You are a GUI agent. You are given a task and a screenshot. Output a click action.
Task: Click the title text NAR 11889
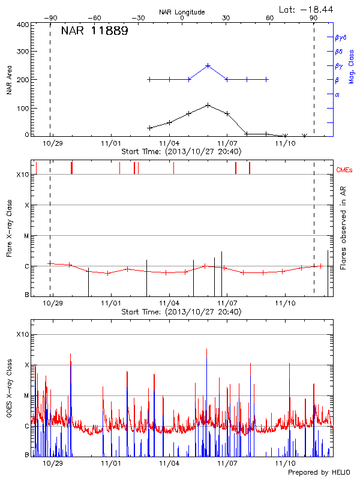(x=94, y=32)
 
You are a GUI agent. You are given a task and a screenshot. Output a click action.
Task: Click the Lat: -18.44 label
(x=307, y=9)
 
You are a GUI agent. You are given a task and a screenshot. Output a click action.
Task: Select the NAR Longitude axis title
(x=182, y=11)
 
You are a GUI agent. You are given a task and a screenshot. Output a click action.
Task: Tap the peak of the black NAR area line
(x=208, y=105)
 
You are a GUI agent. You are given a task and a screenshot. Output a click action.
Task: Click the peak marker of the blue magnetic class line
(x=208, y=65)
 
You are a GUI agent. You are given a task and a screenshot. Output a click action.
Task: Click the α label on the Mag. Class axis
(x=337, y=94)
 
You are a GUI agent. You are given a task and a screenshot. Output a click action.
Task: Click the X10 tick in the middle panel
(x=23, y=175)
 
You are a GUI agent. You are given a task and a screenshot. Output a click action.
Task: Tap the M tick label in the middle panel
(x=26, y=235)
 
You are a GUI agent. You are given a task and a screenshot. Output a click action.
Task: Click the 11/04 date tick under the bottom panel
(x=170, y=464)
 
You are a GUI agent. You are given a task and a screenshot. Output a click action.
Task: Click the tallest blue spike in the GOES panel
(x=206, y=349)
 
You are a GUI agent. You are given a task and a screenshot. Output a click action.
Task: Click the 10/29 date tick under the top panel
(x=53, y=143)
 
